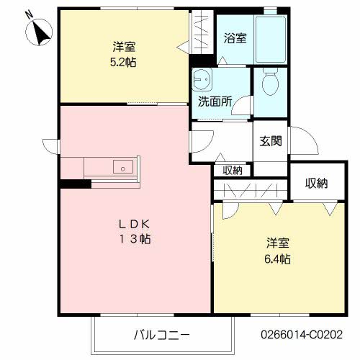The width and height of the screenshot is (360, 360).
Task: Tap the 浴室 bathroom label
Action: pyautogui.click(x=235, y=38)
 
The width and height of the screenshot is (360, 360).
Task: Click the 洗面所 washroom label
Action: pyautogui.click(x=215, y=102)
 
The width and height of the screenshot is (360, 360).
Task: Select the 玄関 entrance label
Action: pyautogui.click(x=271, y=141)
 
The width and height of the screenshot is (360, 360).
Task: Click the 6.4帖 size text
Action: pyautogui.click(x=276, y=258)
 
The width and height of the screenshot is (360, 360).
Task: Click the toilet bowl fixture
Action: pyautogui.click(x=270, y=82)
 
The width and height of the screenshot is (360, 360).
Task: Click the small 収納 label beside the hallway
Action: pyautogui.click(x=232, y=171)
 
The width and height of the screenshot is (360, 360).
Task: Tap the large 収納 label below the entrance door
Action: pyautogui.click(x=315, y=184)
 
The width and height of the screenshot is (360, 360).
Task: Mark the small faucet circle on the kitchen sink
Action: pyautogui.click(x=123, y=170)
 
